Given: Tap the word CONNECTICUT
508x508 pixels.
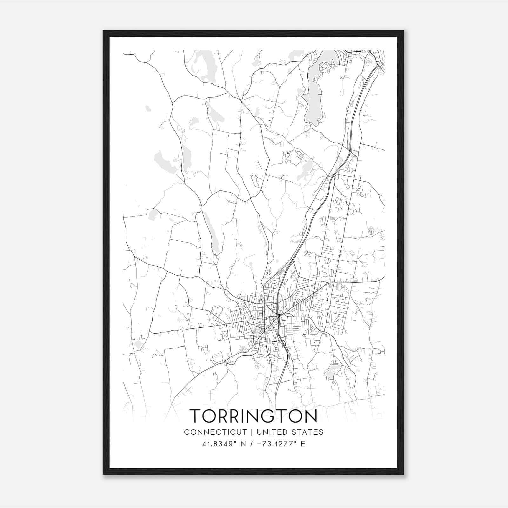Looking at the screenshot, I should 215,432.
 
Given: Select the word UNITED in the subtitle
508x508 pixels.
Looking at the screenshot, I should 272,432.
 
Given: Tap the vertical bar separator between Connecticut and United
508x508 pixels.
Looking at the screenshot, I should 252,432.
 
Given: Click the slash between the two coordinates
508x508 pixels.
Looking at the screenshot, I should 251,444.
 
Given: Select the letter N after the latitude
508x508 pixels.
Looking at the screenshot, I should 243,444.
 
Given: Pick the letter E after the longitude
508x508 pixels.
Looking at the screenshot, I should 303,444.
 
